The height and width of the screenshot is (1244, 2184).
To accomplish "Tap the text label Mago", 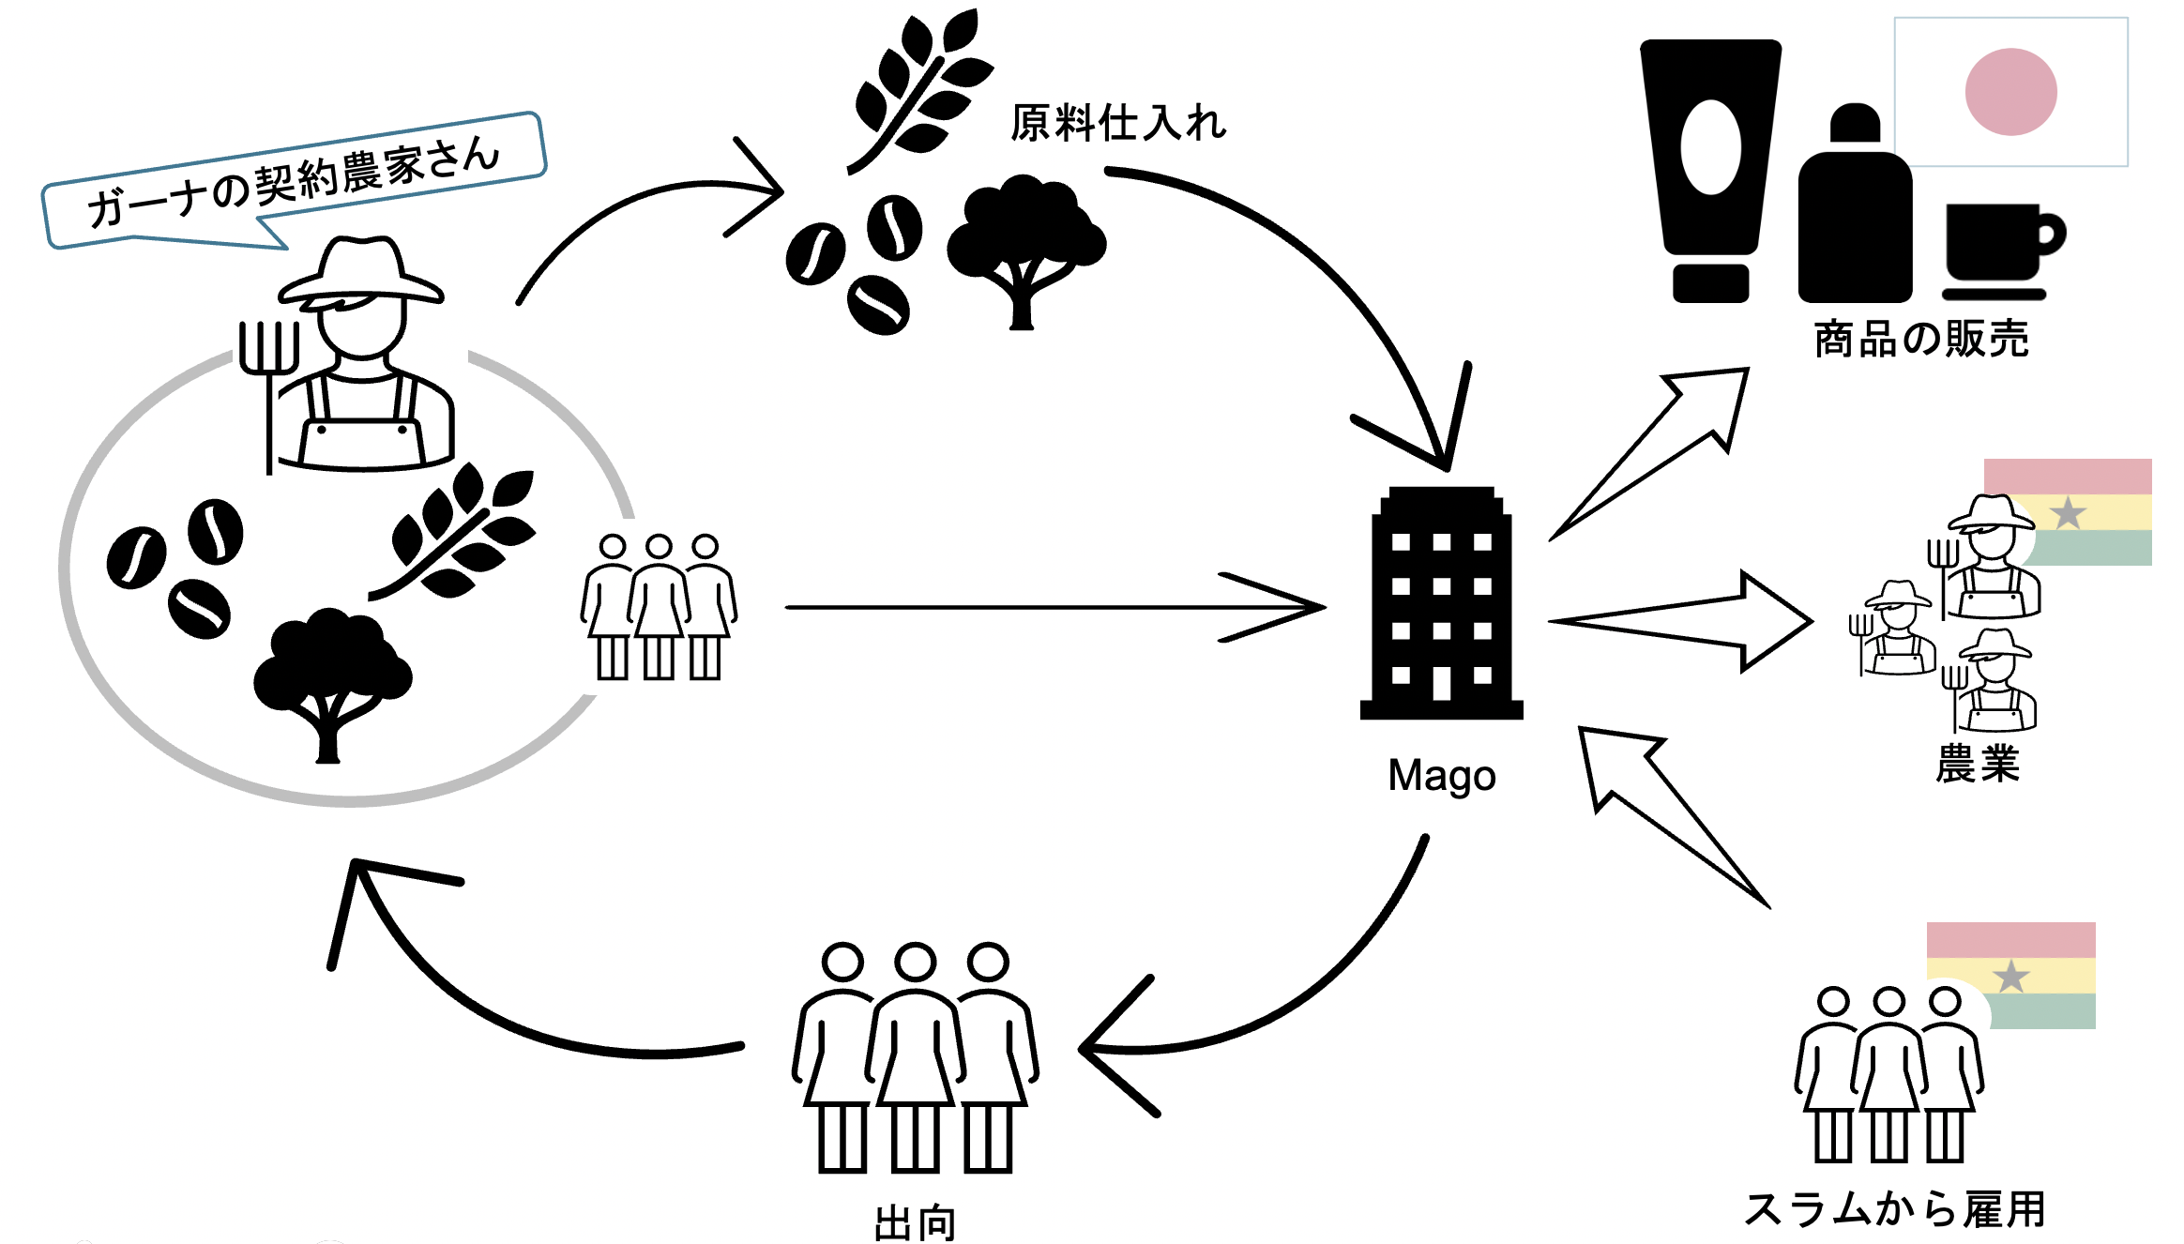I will pyautogui.click(x=1441, y=776).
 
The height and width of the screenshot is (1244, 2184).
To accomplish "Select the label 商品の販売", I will pyautogui.click(x=1920, y=339).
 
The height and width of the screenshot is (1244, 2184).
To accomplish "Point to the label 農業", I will pyautogui.click(x=1978, y=764).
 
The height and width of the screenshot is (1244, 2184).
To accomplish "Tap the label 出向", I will pyautogui.click(x=915, y=1223).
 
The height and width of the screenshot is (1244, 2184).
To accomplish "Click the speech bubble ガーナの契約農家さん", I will pyautogui.click(x=294, y=180).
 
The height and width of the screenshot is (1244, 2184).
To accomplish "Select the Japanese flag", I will pyautogui.click(x=2010, y=92).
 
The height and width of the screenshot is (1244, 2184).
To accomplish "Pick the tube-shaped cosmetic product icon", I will pyautogui.click(x=1710, y=169).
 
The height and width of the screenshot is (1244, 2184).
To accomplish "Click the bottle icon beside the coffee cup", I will pyautogui.click(x=1855, y=211).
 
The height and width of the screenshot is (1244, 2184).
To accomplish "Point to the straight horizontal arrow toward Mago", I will pyautogui.click(x=1051, y=608).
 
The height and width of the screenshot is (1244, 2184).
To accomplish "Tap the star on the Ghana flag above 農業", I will pyautogui.click(x=2068, y=513).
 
